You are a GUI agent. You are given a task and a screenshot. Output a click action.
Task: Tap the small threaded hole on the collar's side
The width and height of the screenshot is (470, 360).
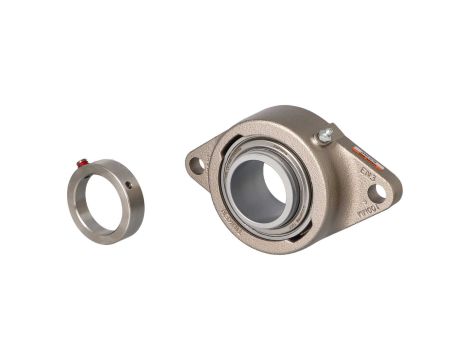coord(129,183)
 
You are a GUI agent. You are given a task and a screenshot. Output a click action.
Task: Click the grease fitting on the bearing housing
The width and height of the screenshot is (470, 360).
coord(325,136)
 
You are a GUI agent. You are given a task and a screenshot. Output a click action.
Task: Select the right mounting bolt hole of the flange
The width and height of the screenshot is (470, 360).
coord(381,193)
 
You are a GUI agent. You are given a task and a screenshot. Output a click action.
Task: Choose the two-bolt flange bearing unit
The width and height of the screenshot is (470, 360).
coord(290,180)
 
